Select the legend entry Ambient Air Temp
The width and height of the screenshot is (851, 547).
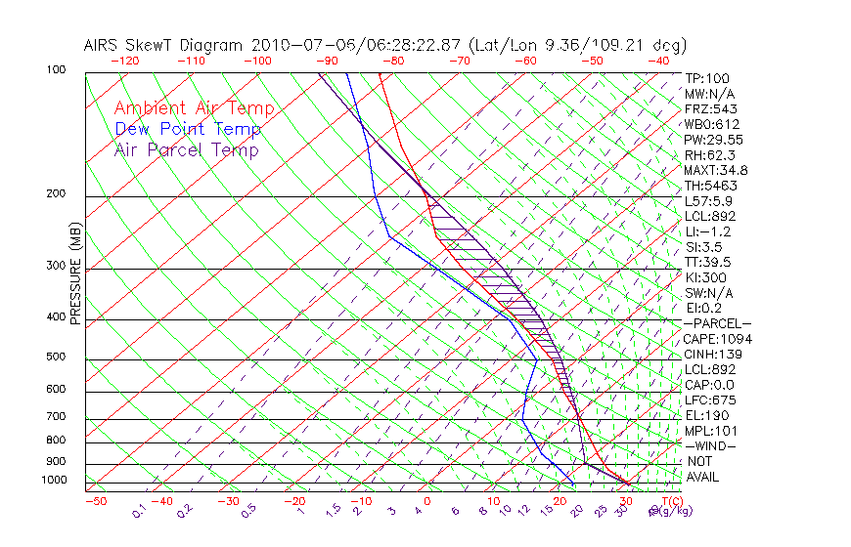click(194, 108)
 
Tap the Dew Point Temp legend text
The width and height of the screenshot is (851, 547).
click(188, 129)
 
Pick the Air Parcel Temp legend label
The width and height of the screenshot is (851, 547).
click(186, 149)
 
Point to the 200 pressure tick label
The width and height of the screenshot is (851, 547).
click(57, 194)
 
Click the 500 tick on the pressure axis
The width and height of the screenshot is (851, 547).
click(57, 358)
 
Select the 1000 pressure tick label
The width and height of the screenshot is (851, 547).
click(55, 481)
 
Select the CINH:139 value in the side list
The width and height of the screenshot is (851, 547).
click(714, 354)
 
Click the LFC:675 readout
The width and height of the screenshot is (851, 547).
click(710, 400)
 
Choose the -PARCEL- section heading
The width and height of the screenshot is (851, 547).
click(717, 323)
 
